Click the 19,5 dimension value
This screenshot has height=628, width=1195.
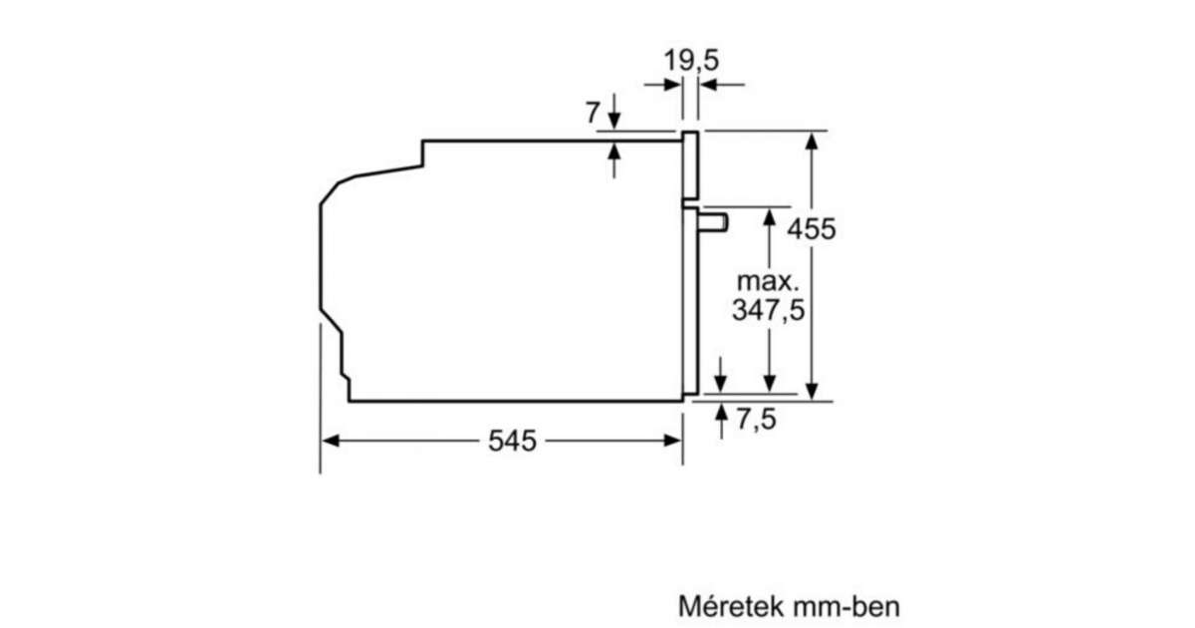(691, 60)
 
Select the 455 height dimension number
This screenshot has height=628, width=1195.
(812, 229)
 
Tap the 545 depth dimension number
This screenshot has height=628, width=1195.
(512, 441)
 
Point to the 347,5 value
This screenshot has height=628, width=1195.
(768, 310)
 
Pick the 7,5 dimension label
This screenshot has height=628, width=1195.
(757, 419)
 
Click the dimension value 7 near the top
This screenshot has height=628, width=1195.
(593, 113)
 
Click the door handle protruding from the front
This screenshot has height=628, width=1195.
(713, 222)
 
